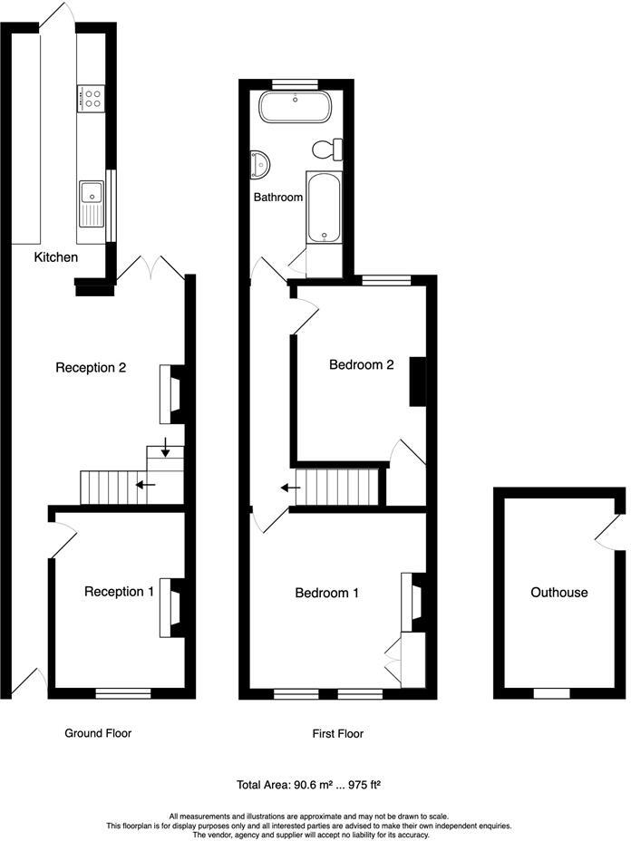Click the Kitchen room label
pos(56,257)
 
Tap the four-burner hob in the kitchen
pos(92,98)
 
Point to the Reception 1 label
pos(119,592)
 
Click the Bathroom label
pos(277,197)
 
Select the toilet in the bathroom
pos(327,149)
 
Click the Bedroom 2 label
pos(361,365)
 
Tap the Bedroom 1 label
pos(327,593)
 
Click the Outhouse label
pos(559,593)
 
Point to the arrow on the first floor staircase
pos(291,488)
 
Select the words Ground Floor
pos(98,733)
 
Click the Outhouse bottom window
pos(550,693)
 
